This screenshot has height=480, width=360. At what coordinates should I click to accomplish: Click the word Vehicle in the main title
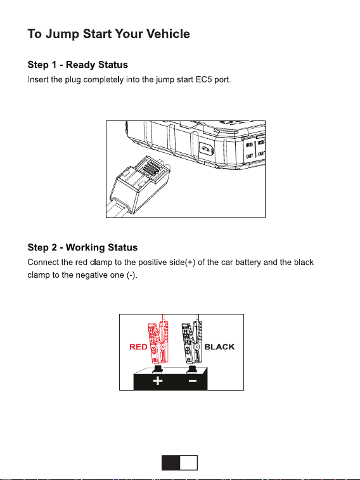(x=168, y=34)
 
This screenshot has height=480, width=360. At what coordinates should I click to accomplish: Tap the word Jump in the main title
(x=62, y=34)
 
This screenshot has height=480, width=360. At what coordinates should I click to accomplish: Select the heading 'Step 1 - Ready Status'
(x=78, y=65)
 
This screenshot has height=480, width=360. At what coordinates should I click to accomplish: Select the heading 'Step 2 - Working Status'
(x=82, y=247)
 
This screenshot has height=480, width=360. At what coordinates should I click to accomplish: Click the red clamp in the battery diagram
(x=158, y=342)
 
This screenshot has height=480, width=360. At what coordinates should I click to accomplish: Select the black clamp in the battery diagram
(x=192, y=342)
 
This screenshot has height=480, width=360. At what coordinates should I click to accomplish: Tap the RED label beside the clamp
(x=138, y=347)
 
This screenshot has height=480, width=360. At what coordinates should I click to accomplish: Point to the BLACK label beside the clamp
(x=219, y=347)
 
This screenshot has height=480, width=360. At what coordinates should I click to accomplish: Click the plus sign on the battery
(x=158, y=381)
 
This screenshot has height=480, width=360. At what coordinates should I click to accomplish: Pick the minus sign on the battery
(x=193, y=381)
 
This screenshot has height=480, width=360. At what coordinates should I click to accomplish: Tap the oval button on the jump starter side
(x=206, y=150)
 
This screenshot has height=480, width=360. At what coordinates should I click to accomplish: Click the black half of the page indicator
(x=170, y=462)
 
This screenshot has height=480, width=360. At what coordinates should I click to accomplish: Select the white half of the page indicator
(x=188, y=462)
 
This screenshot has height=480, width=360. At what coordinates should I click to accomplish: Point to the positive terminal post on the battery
(x=158, y=369)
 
